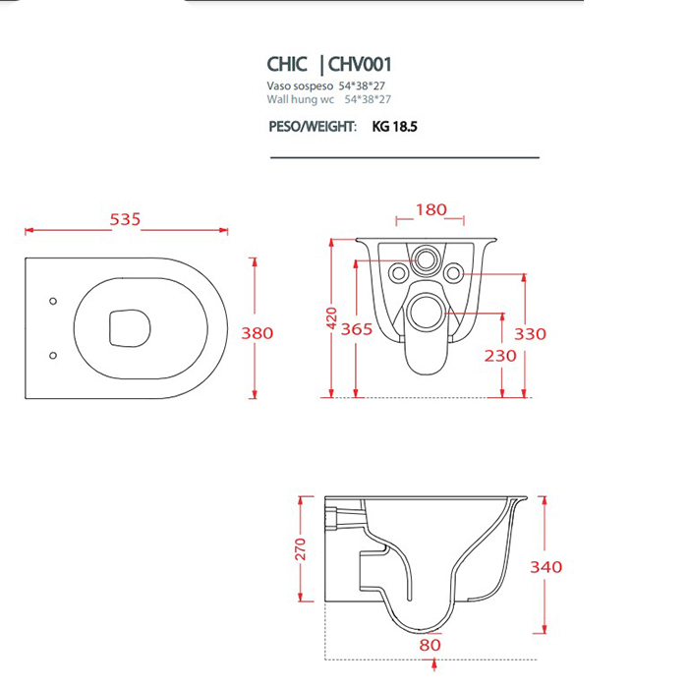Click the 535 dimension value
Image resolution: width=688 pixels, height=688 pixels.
pos(125,219)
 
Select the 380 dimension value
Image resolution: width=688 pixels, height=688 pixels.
pos(258,333)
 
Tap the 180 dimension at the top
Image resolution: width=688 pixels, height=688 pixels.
pos(430,209)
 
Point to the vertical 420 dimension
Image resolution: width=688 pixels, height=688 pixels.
pos(332,318)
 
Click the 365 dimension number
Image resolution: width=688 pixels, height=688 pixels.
pos(357,329)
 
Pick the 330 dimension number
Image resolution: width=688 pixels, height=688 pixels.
pos(531,334)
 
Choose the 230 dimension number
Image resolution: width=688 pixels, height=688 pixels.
pos(500,356)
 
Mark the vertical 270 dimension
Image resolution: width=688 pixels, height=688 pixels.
pos(300,548)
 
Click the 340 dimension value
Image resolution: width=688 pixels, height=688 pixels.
pos(546,567)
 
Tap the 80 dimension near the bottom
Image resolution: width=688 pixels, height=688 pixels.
pos(430,645)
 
